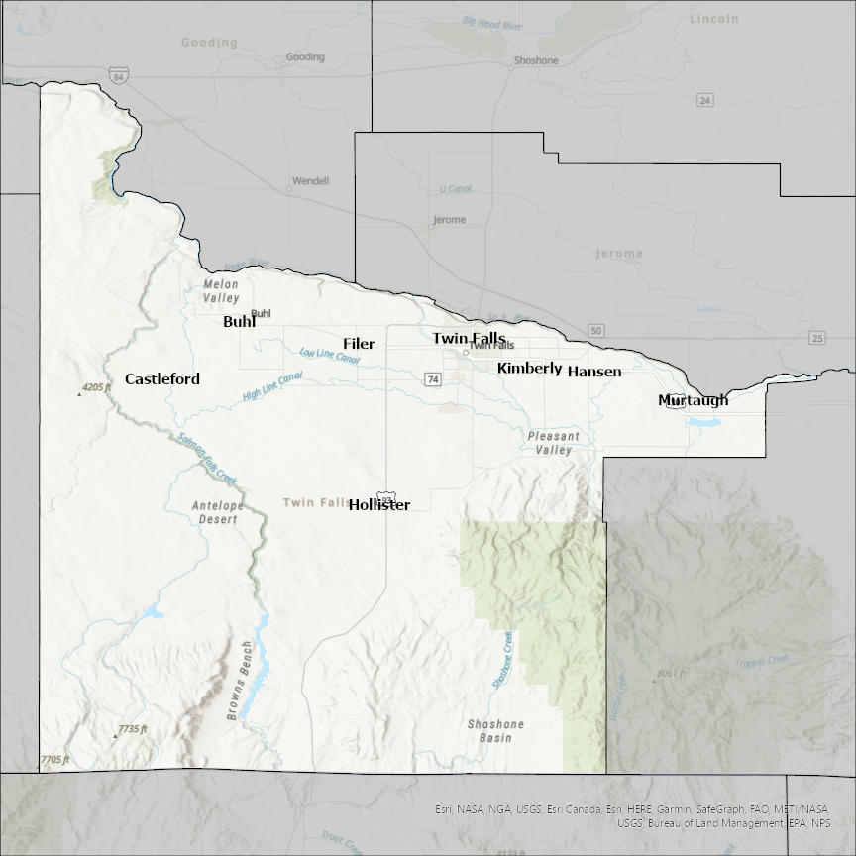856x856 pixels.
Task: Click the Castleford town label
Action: pos(161,379)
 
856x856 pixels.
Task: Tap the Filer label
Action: pos(359,344)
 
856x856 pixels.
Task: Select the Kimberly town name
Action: pos(529,368)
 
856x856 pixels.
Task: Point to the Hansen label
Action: pos(594,372)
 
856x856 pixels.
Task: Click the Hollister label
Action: pos(379,504)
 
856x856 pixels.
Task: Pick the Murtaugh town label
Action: pos(693,400)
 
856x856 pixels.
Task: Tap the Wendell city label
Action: pos(309,181)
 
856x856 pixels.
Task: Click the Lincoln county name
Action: pos(714,19)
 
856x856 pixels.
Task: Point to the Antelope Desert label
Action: pos(217,512)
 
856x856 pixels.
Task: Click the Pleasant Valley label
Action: pos(550,443)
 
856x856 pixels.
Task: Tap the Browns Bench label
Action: pos(241,681)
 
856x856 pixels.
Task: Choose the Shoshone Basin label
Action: pos(495,731)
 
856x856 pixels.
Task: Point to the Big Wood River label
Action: pos(491,24)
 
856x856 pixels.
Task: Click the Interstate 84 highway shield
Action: pos(119,76)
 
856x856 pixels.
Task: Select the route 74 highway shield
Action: pos(432,378)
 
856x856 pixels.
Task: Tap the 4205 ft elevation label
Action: pos(97,387)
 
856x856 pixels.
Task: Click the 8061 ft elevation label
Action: pos(671,674)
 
